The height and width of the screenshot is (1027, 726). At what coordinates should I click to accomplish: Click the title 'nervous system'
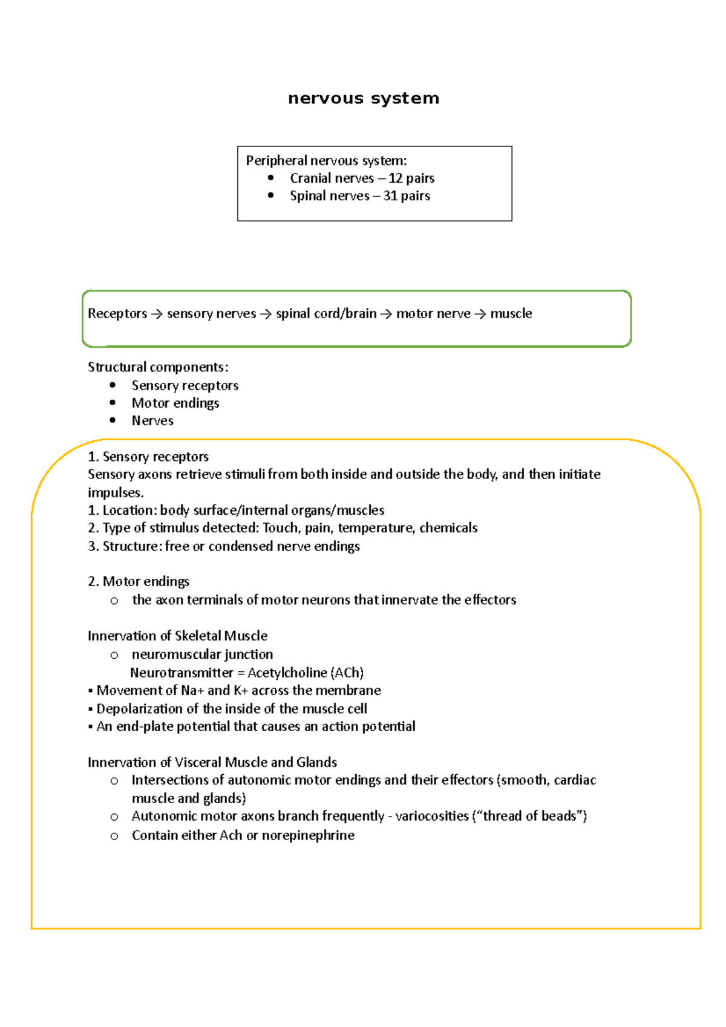click(x=364, y=98)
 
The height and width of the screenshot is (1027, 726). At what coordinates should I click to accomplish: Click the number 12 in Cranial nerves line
click(x=395, y=178)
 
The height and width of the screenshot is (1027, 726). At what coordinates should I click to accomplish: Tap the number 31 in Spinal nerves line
click(x=390, y=196)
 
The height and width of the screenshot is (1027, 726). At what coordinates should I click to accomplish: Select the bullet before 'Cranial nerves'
click(x=270, y=178)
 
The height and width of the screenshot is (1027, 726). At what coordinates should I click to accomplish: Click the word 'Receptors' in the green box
click(x=117, y=313)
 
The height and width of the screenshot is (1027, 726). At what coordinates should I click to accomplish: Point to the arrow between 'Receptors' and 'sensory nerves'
click(x=157, y=314)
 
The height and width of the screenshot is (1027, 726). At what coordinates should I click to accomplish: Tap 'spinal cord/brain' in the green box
click(x=326, y=313)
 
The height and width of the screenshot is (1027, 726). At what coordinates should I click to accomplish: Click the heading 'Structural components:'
click(x=158, y=367)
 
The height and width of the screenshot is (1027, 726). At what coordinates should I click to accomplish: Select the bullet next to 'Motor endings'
click(x=113, y=403)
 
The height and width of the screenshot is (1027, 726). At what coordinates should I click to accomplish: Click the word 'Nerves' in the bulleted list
click(x=152, y=421)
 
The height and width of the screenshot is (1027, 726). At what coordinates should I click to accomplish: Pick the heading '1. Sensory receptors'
click(x=148, y=457)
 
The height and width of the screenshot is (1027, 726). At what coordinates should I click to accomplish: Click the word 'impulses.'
click(x=116, y=492)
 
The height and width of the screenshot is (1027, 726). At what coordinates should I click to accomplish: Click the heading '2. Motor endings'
click(x=139, y=581)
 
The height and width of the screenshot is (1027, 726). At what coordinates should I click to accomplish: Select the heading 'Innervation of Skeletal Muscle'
click(x=177, y=636)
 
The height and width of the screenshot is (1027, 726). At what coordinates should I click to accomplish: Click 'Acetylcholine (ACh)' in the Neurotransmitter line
click(x=306, y=673)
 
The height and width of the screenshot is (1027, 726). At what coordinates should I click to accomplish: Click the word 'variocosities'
click(x=432, y=816)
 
